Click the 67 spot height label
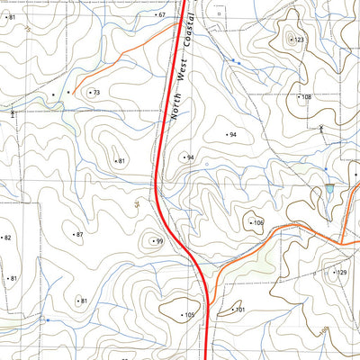click(x=161, y=15)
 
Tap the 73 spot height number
click(x=96, y=93)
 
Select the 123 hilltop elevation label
click(x=299, y=40)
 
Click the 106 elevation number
click(x=257, y=222)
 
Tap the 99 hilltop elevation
click(x=158, y=241)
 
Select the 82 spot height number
click(x=7, y=238)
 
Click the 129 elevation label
click(x=340, y=272)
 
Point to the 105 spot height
click(x=189, y=315)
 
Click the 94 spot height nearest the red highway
click(x=190, y=157)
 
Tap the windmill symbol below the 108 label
click(x=322, y=129)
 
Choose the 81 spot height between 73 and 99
click(x=120, y=161)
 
